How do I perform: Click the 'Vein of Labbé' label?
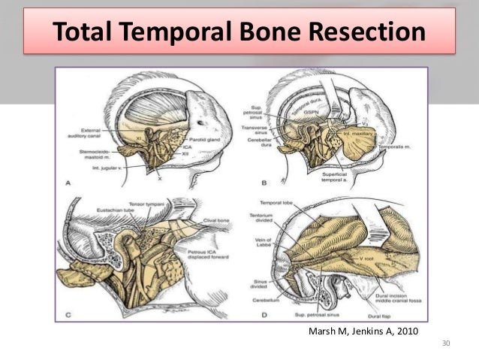(x=263, y=238)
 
